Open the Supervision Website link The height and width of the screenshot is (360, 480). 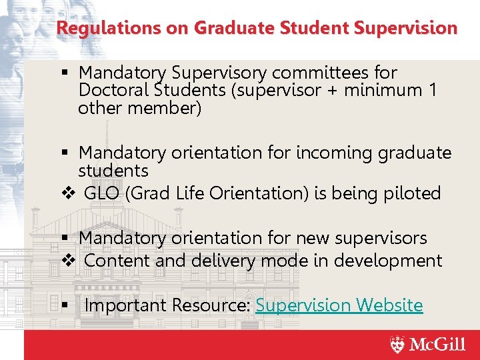(339, 305)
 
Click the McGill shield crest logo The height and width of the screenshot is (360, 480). (397, 345)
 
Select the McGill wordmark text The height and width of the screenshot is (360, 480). (437, 345)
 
